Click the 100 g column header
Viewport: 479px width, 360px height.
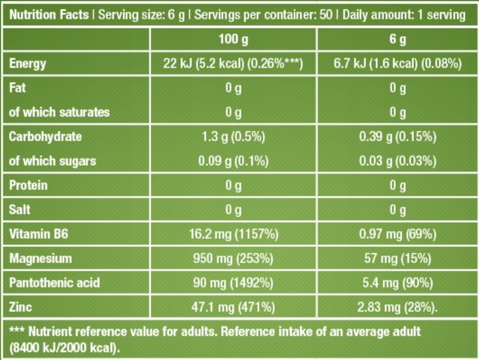click(x=233, y=39)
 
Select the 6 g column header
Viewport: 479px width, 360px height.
click(x=397, y=39)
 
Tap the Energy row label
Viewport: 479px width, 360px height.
click(x=27, y=64)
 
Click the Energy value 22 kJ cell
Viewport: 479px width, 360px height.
click(x=233, y=64)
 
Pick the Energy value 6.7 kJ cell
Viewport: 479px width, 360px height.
click(x=397, y=64)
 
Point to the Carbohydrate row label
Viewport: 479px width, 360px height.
click(x=45, y=136)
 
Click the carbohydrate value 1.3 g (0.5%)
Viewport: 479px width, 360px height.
click(x=233, y=136)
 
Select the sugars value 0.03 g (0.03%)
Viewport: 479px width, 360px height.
click(x=397, y=161)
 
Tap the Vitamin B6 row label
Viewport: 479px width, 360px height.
click(x=40, y=234)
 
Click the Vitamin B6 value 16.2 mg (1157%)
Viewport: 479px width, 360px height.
click(x=233, y=234)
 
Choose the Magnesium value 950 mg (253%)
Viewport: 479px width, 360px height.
click(x=233, y=258)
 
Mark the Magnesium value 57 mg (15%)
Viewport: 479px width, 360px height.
click(x=397, y=258)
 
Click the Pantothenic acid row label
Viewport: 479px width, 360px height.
click(x=55, y=283)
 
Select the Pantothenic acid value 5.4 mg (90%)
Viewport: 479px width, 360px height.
click(x=397, y=283)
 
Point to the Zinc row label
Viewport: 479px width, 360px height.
click(x=21, y=307)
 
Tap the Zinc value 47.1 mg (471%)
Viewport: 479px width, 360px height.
click(x=233, y=307)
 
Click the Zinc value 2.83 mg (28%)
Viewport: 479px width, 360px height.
click(x=399, y=307)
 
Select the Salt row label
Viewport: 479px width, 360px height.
click(x=21, y=210)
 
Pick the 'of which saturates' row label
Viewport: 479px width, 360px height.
click(x=59, y=112)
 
